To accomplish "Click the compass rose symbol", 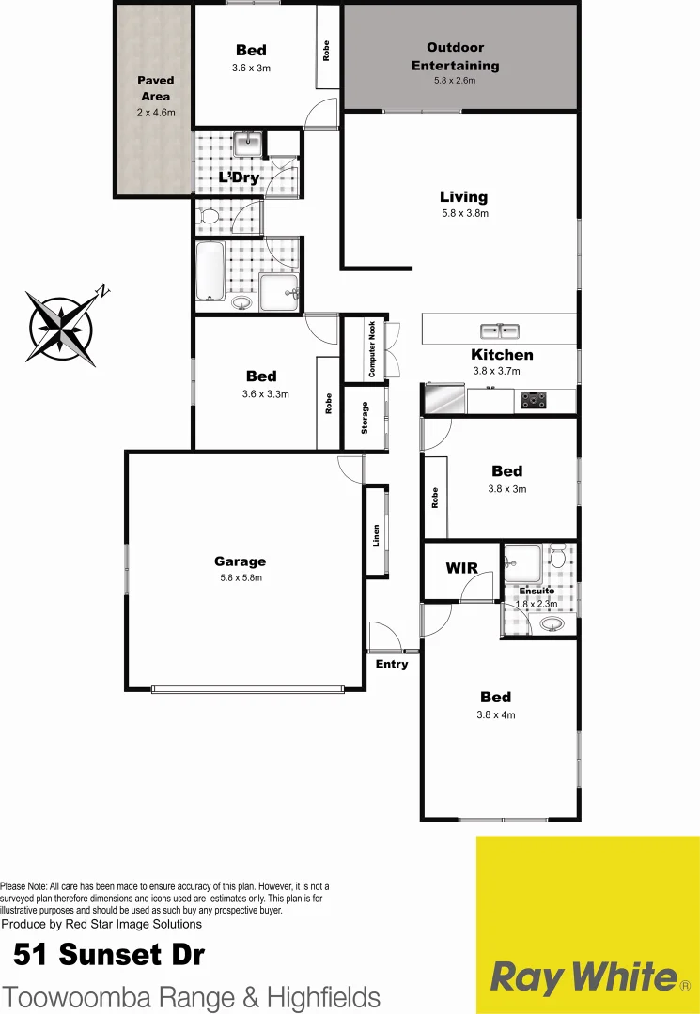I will [63, 327].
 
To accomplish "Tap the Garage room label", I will [241, 561].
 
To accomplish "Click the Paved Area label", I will [155, 88].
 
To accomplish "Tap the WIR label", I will [461, 568].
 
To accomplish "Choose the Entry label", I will [392, 664].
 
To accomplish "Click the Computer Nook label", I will [372, 349].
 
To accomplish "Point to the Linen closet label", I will [376, 535].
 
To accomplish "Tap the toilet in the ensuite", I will [558, 560].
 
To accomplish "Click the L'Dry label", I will [239, 177].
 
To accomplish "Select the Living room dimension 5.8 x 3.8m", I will [464, 213].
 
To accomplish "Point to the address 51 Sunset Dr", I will [108, 956].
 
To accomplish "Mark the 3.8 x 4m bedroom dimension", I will [496, 714].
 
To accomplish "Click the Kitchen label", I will [502, 355].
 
